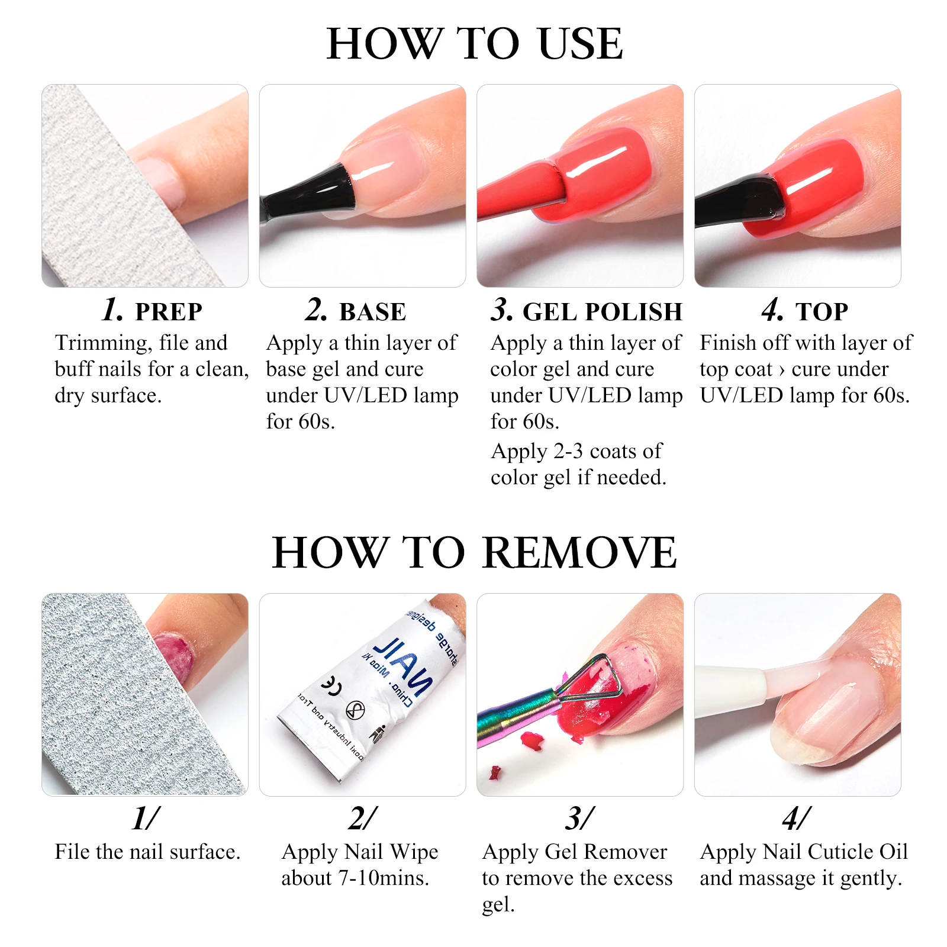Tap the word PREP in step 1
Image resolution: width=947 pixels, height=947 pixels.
click(x=169, y=312)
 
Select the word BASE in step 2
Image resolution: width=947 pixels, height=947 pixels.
click(x=372, y=312)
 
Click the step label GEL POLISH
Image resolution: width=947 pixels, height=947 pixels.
click(x=602, y=312)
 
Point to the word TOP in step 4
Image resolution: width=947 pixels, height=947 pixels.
click(x=822, y=312)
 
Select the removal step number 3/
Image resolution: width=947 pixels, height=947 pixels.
click(x=579, y=819)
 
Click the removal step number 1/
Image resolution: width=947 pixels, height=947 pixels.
click(x=145, y=819)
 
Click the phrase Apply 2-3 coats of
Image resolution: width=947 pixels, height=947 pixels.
click(x=576, y=451)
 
